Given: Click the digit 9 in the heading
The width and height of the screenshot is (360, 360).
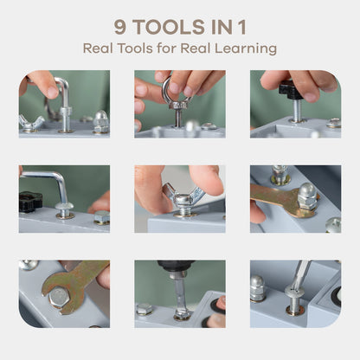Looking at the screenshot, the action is [x=120, y=27].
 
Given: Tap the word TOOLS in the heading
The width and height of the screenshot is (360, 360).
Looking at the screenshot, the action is [x=170, y=27].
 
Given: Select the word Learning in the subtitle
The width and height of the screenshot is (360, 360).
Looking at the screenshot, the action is [x=246, y=48].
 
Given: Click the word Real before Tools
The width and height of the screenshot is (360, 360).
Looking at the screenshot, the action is [x=98, y=48].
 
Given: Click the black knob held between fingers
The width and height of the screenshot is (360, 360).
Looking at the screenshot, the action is [x=292, y=90].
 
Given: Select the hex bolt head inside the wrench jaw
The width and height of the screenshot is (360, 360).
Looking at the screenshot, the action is [x=59, y=298].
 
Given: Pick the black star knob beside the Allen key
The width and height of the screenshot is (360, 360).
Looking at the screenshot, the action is [x=30, y=202].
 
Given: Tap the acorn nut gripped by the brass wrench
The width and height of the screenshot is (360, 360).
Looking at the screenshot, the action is [x=307, y=196].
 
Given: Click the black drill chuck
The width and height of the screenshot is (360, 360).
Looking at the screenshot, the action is [x=176, y=266].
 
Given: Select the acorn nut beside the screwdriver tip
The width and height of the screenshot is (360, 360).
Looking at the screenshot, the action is [x=257, y=288].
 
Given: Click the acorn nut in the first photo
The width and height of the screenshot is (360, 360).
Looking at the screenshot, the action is [x=101, y=121].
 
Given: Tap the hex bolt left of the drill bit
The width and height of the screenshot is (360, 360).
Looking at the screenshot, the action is [x=145, y=309].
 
